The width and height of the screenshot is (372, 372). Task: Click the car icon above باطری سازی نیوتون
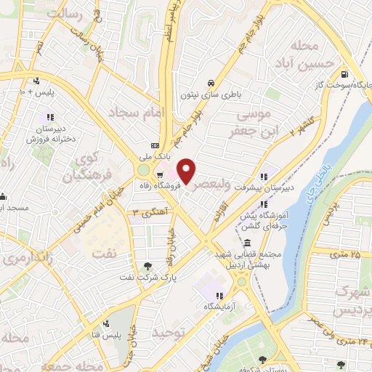pos(210,83)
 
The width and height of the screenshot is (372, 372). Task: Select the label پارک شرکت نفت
pos(149,277)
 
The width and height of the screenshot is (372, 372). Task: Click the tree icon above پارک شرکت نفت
pos(149,266)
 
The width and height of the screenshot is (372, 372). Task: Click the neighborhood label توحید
pos(169,331)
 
